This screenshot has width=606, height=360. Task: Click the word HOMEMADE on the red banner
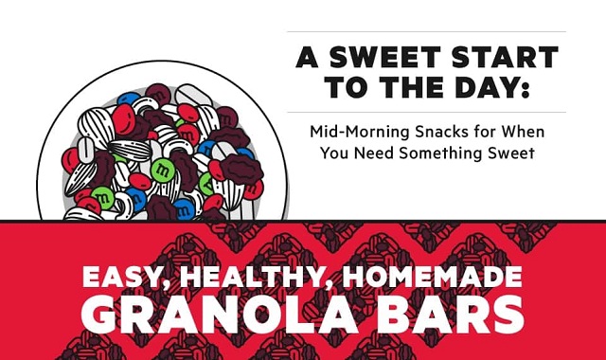click(x=431, y=278)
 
